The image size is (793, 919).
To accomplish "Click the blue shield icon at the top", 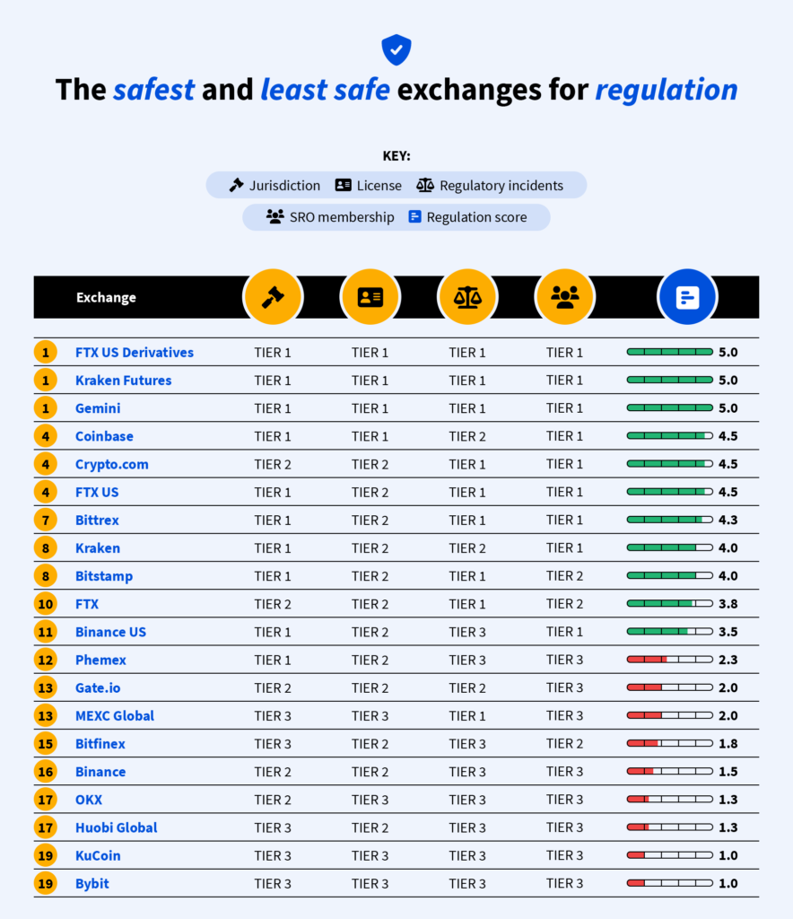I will click(x=396, y=49).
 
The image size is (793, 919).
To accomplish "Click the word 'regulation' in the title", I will click(x=666, y=90).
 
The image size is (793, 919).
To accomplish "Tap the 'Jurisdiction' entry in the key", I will click(x=274, y=186).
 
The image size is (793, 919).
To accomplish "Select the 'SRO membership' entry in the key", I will click(x=330, y=217).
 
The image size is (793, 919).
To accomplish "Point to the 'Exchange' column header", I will click(x=106, y=297).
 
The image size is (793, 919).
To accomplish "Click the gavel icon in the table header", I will click(x=273, y=297).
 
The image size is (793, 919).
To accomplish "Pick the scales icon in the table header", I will click(x=467, y=297).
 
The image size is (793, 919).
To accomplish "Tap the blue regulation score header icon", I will click(x=687, y=297).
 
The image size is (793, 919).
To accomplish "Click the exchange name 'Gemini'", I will click(x=98, y=408).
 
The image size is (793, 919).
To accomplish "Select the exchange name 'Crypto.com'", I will click(x=112, y=464).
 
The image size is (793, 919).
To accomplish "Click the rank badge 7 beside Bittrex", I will click(x=46, y=521).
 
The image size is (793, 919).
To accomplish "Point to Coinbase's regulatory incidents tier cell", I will click(x=467, y=436).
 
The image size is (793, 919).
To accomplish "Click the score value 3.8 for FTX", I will click(x=728, y=604).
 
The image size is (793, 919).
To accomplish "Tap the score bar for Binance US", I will click(x=669, y=632).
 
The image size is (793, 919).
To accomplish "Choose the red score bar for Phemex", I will click(x=669, y=660).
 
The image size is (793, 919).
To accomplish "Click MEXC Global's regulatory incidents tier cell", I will click(x=467, y=716).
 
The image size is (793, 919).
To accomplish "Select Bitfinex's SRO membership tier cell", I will click(x=564, y=744).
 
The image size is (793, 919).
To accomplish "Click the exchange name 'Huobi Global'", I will click(x=117, y=827).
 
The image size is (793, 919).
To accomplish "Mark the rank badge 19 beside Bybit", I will click(x=46, y=884).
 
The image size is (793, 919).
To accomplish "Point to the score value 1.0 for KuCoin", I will click(x=728, y=855).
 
